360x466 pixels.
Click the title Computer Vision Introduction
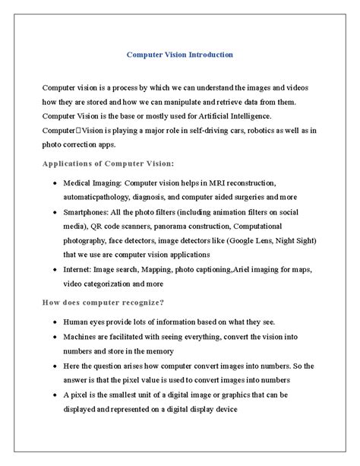[x=180, y=55]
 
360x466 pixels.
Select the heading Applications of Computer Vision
[x=109, y=163]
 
